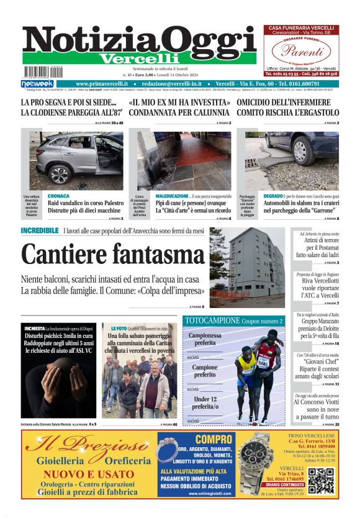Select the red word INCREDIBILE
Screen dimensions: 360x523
[x=40, y=231]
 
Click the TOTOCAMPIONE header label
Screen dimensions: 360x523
[x=211, y=321]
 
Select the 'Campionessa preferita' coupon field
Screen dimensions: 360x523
[x=205, y=339]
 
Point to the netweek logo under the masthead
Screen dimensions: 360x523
[x=37, y=84]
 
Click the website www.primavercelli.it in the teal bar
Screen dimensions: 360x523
[x=102, y=84]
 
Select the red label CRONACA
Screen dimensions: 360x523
[x=58, y=196]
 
